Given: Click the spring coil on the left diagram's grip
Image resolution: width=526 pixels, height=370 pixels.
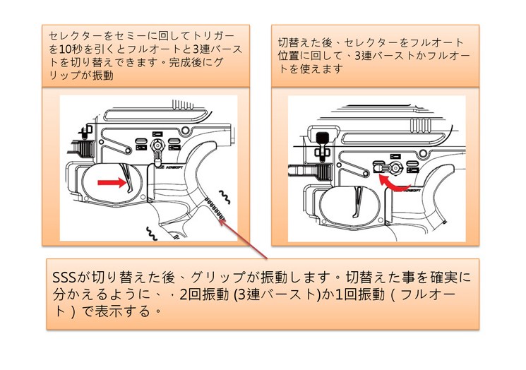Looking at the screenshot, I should tap(213, 209).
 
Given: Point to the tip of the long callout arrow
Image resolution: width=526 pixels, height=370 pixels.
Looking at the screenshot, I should tap(224, 220).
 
